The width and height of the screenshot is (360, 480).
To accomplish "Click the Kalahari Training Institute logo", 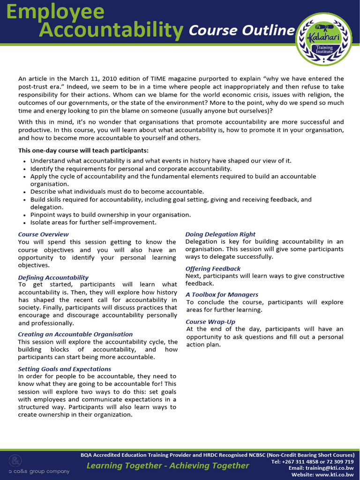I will (x=323, y=40).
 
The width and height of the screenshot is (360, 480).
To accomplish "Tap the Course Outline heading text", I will (x=241, y=31).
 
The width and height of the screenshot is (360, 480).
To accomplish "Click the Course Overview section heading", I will (x=43, y=234).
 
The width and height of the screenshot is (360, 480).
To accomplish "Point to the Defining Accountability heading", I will (x=53, y=277).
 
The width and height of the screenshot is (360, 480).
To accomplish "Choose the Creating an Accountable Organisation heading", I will (x=75, y=334).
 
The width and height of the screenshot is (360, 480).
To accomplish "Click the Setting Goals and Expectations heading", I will (x=64, y=369).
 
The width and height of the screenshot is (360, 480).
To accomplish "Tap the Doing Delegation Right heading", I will (x=220, y=234).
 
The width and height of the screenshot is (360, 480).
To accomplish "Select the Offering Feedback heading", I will (x=213, y=269).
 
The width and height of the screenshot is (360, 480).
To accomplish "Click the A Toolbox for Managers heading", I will (x=222, y=294).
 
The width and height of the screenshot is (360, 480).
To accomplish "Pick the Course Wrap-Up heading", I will (x=210, y=322).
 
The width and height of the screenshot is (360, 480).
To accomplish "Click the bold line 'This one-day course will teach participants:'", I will (x=83, y=150).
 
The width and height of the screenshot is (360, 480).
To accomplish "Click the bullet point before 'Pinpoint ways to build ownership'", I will (x=25, y=215).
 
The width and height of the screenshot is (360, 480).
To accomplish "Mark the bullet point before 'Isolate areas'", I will (x=25, y=223).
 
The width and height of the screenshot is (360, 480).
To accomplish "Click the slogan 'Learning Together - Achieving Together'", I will (x=167, y=465).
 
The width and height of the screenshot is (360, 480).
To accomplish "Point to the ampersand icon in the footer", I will (x=17, y=460).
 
